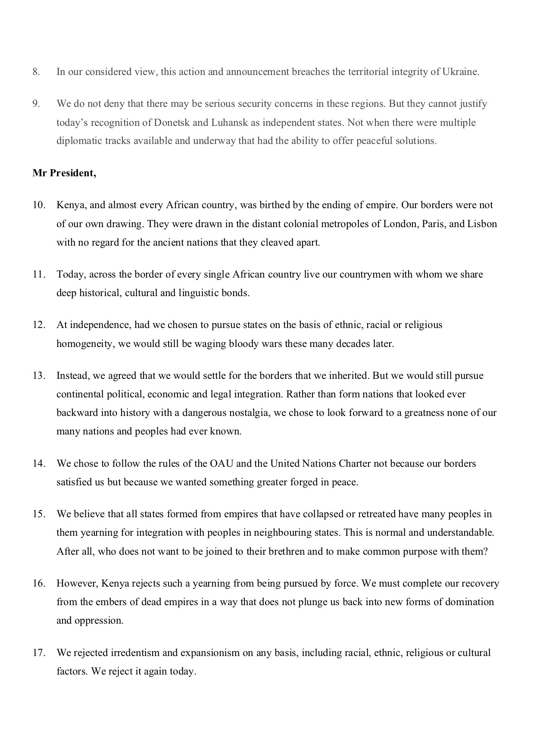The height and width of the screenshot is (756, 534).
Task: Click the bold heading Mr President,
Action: click(x=64, y=173)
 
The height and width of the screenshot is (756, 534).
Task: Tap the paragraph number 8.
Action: click(x=36, y=72)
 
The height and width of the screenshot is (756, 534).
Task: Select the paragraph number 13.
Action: click(x=39, y=376)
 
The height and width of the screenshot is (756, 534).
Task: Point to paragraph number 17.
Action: click(x=39, y=653)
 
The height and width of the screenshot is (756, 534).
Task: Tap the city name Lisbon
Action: click(x=482, y=224)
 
